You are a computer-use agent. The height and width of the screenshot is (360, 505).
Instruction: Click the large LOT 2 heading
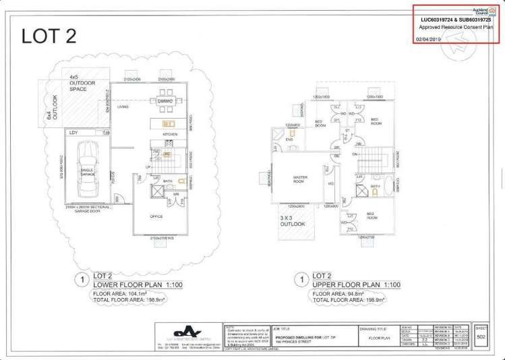[49, 35]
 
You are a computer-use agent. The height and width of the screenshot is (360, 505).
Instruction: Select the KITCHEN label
[170, 134]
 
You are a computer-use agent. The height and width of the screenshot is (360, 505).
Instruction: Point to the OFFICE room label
[156, 216]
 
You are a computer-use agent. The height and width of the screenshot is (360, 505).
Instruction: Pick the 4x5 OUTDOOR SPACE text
[83, 83]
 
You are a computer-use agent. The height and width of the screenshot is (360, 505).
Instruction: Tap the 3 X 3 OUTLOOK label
[293, 220]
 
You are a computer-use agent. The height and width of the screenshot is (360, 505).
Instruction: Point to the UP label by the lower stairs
[148, 167]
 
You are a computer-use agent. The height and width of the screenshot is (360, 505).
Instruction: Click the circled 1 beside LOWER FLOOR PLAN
[82, 278]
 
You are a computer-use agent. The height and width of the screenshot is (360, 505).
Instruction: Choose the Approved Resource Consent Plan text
[456, 27]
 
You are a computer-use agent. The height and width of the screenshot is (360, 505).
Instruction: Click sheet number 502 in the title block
[481, 336]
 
